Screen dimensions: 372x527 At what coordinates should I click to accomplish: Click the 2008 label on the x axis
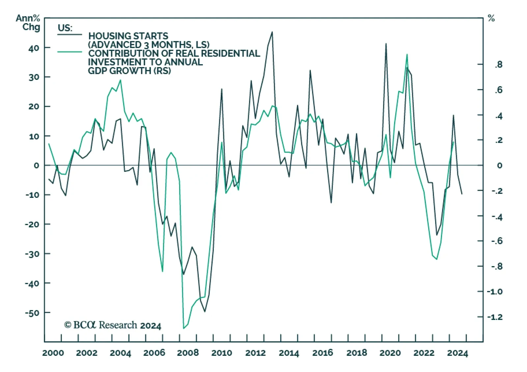(x=188, y=353)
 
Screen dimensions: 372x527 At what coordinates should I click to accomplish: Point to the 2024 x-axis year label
(x=457, y=353)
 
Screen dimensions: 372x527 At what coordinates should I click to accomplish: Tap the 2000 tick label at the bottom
(x=53, y=353)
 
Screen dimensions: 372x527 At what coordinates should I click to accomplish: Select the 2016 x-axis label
(x=322, y=353)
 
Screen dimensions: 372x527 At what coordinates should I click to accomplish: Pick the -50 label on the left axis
(x=32, y=313)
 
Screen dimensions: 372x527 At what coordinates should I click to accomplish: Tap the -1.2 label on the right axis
(x=495, y=317)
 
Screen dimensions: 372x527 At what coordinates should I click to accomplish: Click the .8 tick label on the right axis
(x=499, y=64)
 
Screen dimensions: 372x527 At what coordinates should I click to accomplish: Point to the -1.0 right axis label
(x=495, y=292)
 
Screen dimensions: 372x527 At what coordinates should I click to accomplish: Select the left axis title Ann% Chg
(x=28, y=22)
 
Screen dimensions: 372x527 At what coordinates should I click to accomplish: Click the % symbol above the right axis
(x=491, y=18)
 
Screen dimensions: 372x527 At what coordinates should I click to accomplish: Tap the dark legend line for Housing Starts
(x=69, y=35)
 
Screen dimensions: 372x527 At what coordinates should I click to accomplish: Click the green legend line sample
(x=69, y=52)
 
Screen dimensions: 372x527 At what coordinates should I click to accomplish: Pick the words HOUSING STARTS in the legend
(x=128, y=36)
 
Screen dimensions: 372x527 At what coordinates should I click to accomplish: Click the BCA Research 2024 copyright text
(x=113, y=325)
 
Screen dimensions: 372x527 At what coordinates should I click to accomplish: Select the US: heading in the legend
(x=65, y=28)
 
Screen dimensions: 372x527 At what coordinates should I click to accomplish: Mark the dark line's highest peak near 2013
(x=272, y=32)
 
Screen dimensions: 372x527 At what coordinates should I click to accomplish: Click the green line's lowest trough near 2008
(x=183, y=328)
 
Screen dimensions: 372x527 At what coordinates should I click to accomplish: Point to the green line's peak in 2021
(x=407, y=54)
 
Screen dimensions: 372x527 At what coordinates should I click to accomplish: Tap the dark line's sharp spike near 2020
(x=386, y=44)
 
